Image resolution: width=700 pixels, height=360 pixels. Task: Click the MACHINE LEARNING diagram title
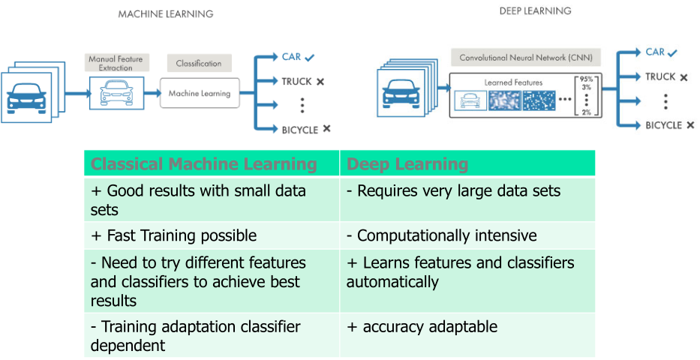(x=166, y=14)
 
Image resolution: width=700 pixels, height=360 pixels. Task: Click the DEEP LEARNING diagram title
(x=535, y=11)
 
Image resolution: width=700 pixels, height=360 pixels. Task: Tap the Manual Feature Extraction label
(x=116, y=64)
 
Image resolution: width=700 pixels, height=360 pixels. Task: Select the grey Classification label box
(x=199, y=64)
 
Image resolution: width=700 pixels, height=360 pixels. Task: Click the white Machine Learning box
(x=200, y=94)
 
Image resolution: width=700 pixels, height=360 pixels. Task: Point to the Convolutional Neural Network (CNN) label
(x=525, y=57)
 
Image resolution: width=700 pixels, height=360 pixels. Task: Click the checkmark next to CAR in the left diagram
(x=310, y=57)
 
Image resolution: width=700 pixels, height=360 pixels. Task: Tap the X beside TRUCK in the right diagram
(x=683, y=77)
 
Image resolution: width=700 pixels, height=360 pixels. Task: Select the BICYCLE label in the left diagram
(x=299, y=130)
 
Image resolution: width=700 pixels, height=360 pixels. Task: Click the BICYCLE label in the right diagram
(x=663, y=125)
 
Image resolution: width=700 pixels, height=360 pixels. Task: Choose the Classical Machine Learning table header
(x=203, y=164)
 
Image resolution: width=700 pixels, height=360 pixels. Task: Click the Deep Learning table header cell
(x=407, y=164)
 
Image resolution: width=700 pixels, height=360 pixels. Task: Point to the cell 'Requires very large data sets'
(x=453, y=191)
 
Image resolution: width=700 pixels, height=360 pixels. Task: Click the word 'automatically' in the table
(x=392, y=283)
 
